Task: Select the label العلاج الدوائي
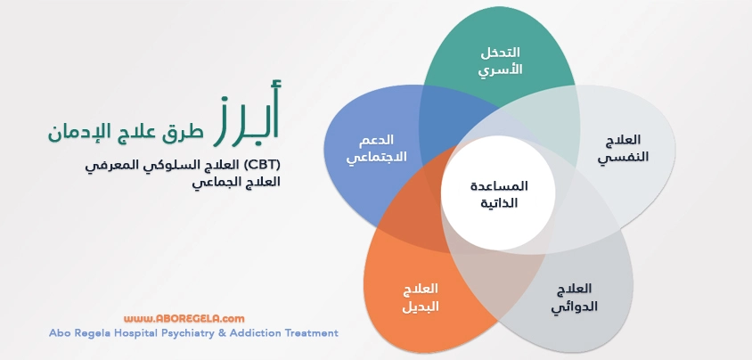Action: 573,299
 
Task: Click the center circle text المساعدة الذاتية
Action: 498,194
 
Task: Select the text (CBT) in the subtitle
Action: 262,165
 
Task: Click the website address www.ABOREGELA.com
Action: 184,317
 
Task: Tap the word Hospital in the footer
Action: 143,333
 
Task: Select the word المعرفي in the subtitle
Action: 110,165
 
